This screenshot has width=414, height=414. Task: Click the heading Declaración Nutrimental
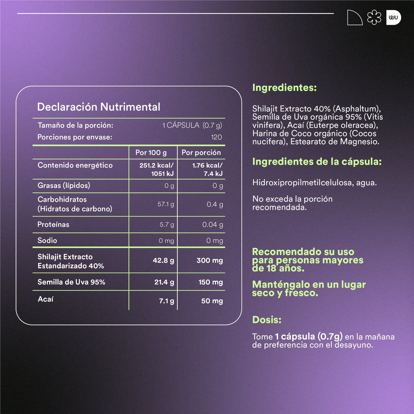pyautogui.click(x=99, y=107)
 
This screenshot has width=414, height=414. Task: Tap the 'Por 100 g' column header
pyautogui.click(x=151, y=152)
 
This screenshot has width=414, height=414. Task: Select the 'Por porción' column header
pyautogui.click(x=201, y=152)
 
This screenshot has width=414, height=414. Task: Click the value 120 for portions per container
pyautogui.click(x=216, y=137)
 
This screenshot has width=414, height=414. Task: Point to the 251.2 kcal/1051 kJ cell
pyautogui.click(x=156, y=169)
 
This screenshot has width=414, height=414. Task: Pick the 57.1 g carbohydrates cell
pyautogui.click(x=166, y=204)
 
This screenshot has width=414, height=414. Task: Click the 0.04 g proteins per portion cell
pyautogui.click(x=212, y=225)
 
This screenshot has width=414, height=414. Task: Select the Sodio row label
pyautogui.click(x=47, y=240)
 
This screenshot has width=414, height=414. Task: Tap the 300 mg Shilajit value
pyautogui.click(x=209, y=260)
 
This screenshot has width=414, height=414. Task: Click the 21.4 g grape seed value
pyautogui.click(x=164, y=282)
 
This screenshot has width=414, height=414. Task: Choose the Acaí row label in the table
pyautogui.click(x=46, y=299)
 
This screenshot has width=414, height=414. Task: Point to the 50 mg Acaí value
pyautogui.click(x=212, y=301)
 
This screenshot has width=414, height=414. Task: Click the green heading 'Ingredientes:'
pyautogui.click(x=284, y=88)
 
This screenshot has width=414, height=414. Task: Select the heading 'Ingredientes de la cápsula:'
pyautogui.click(x=317, y=162)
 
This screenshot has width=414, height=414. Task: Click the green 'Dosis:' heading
pyautogui.click(x=267, y=320)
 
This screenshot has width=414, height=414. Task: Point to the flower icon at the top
pyautogui.click(x=374, y=18)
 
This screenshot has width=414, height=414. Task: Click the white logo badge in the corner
pyautogui.click(x=393, y=18)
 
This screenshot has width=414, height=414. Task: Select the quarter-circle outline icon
pyautogui.click(x=354, y=18)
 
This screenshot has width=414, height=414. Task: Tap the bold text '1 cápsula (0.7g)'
pyautogui.click(x=309, y=336)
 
